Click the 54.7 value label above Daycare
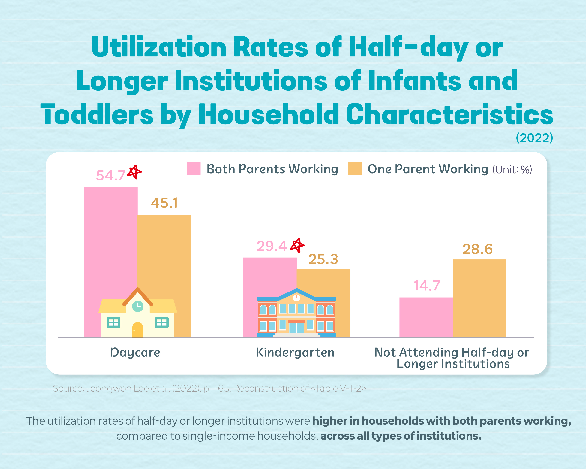[x=111, y=175]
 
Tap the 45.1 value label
[x=164, y=203]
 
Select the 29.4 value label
[x=272, y=246]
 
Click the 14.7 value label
[x=426, y=286]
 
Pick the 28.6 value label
[x=478, y=249]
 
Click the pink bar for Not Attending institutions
[x=426, y=317]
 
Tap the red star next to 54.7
[x=134, y=172]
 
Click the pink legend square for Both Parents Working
[x=194, y=168]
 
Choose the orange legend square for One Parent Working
[x=355, y=168]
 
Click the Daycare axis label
[x=135, y=353]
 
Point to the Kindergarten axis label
[x=295, y=353]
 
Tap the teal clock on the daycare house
[x=138, y=306]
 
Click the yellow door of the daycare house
[x=138, y=330]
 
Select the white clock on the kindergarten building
[x=296, y=298]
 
